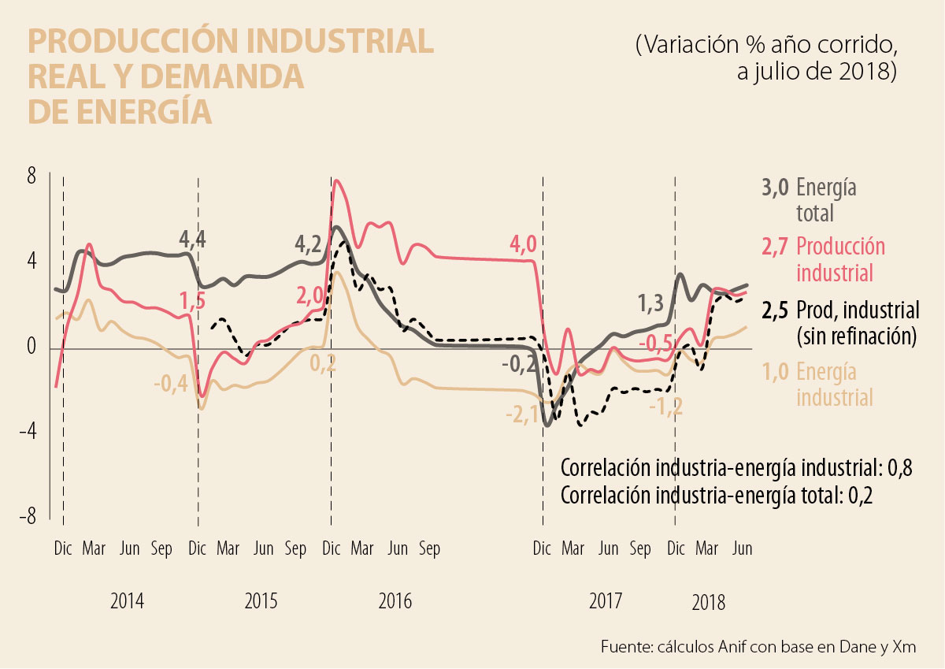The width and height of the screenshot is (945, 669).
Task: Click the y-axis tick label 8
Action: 32,177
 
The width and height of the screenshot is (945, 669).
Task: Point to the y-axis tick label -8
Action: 29,518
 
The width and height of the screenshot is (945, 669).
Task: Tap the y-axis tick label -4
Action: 29,432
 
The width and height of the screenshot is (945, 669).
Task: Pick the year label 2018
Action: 709,604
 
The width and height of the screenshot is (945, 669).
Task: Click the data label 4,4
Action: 192,237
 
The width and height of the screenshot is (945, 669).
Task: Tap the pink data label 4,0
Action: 523,244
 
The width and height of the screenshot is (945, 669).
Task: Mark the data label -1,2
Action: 665,407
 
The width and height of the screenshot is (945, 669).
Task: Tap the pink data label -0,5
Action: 655,344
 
